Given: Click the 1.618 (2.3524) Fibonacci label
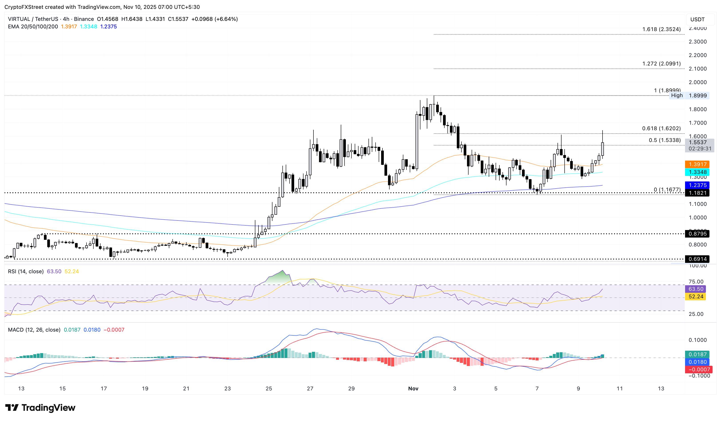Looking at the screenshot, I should coord(661,29).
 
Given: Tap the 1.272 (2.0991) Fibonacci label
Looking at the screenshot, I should coord(661,63).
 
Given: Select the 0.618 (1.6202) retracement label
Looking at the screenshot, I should coord(661,128).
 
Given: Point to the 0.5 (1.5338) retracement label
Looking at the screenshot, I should coord(664,140).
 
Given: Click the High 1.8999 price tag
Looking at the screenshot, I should coord(689,96).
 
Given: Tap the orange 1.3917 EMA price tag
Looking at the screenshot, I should coord(697,164).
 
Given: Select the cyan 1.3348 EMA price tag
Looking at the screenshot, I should coord(697,172).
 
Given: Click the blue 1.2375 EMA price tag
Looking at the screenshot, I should coord(697,185).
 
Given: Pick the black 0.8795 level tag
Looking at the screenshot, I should coord(697,234).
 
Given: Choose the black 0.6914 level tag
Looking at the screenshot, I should coord(697,259).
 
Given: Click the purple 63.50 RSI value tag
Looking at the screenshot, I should coord(695,289).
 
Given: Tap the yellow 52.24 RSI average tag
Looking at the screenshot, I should coord(695,297).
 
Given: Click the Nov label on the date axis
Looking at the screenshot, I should coord(413,388).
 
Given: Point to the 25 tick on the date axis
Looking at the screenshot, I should coord(269,388).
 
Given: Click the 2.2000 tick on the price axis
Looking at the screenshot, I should coord(697,55).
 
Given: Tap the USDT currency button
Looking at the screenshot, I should coord(697,20).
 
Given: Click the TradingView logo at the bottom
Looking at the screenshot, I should coord(40,407).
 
